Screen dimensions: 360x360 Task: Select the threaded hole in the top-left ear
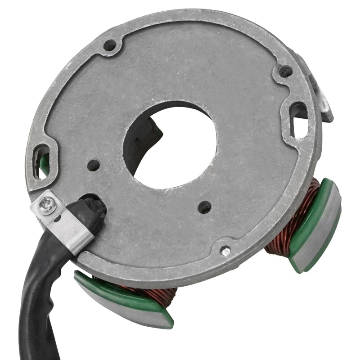click(x=110, y=45)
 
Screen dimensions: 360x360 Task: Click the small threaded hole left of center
click(x=94, y=165)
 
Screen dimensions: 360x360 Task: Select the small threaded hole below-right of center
click(x=205, y=207)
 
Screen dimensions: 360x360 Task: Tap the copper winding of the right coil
click(x=292, y=216)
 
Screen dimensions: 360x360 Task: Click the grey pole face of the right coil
click(x=320, y=234)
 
